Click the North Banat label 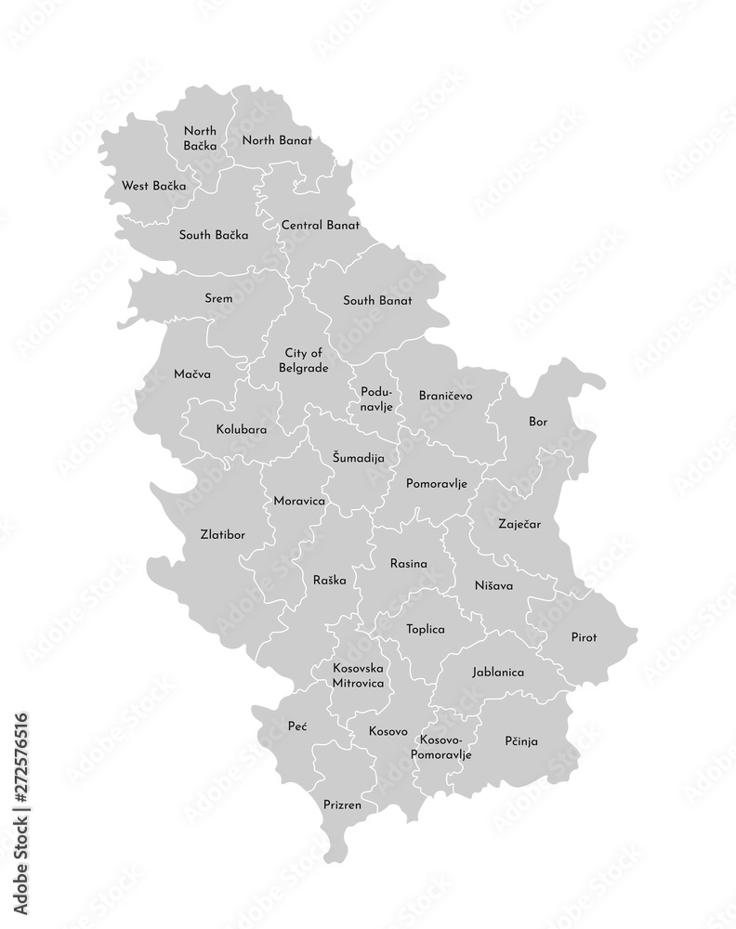[276, 140]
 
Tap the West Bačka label [153, 186]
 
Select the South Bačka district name [213, 235]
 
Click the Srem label [218, 298]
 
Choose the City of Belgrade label [305, 360]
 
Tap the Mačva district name [191, 373]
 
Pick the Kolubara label [242, 430]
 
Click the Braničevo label [445, 395]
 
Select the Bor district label [538, 421]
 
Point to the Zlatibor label [223, 534]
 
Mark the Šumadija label [358, 457]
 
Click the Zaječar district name [519, 524]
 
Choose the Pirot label [584, 636]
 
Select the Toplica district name [425, 629]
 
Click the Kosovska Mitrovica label [359, 674]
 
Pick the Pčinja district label [521, 740]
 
